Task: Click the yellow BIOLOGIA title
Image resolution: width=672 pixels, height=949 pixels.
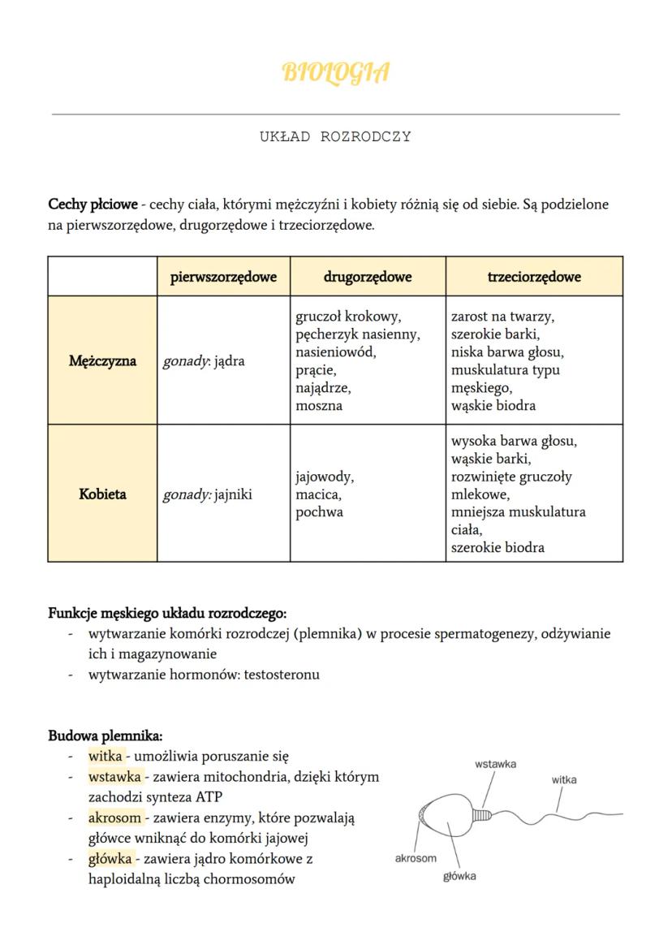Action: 335,72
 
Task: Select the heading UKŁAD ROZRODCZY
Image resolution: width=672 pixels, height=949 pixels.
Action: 335,136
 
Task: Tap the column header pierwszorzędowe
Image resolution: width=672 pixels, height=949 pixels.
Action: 223,277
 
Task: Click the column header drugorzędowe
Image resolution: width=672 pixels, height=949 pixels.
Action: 368,277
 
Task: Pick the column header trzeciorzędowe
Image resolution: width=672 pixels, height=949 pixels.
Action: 534,277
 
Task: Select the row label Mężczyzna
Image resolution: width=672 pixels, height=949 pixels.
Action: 102,360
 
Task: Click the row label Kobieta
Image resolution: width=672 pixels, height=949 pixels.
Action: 102,494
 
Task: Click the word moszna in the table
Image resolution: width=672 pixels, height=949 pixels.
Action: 319,405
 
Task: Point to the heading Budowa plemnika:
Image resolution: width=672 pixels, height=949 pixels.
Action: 106,736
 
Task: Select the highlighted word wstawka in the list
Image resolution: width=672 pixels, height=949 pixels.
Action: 114,777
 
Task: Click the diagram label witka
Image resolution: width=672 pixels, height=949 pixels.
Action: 564,779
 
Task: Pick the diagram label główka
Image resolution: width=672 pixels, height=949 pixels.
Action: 459,876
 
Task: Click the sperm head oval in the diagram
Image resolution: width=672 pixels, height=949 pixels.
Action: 447,813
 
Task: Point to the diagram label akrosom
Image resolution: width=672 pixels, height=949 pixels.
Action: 416,858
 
